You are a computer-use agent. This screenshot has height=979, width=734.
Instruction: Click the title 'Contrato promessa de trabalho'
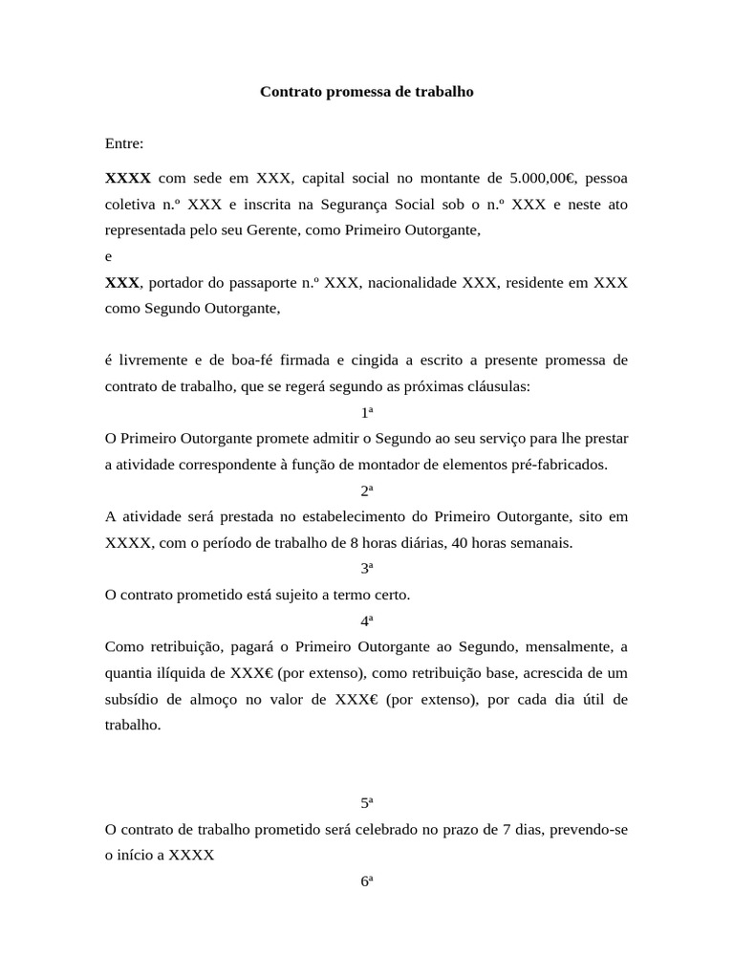tap(367, 93)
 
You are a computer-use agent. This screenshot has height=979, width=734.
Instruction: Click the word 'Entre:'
tap(124, 144)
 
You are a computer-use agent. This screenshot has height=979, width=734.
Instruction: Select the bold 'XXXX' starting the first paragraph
tap(127, 178)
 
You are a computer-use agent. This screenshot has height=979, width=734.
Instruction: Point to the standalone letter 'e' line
tap(109, 257)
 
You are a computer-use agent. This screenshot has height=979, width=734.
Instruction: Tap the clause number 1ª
tap(367, 413)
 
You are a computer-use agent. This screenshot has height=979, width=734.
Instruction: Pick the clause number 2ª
tap(367, 490)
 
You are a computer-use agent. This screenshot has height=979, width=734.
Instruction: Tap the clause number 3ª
tap(367, 569)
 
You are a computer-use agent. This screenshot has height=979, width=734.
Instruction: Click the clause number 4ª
tap(367, 620)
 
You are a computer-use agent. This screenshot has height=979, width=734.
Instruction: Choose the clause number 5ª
tap(367, 803)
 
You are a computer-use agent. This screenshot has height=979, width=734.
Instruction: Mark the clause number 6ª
tap(367, 881)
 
